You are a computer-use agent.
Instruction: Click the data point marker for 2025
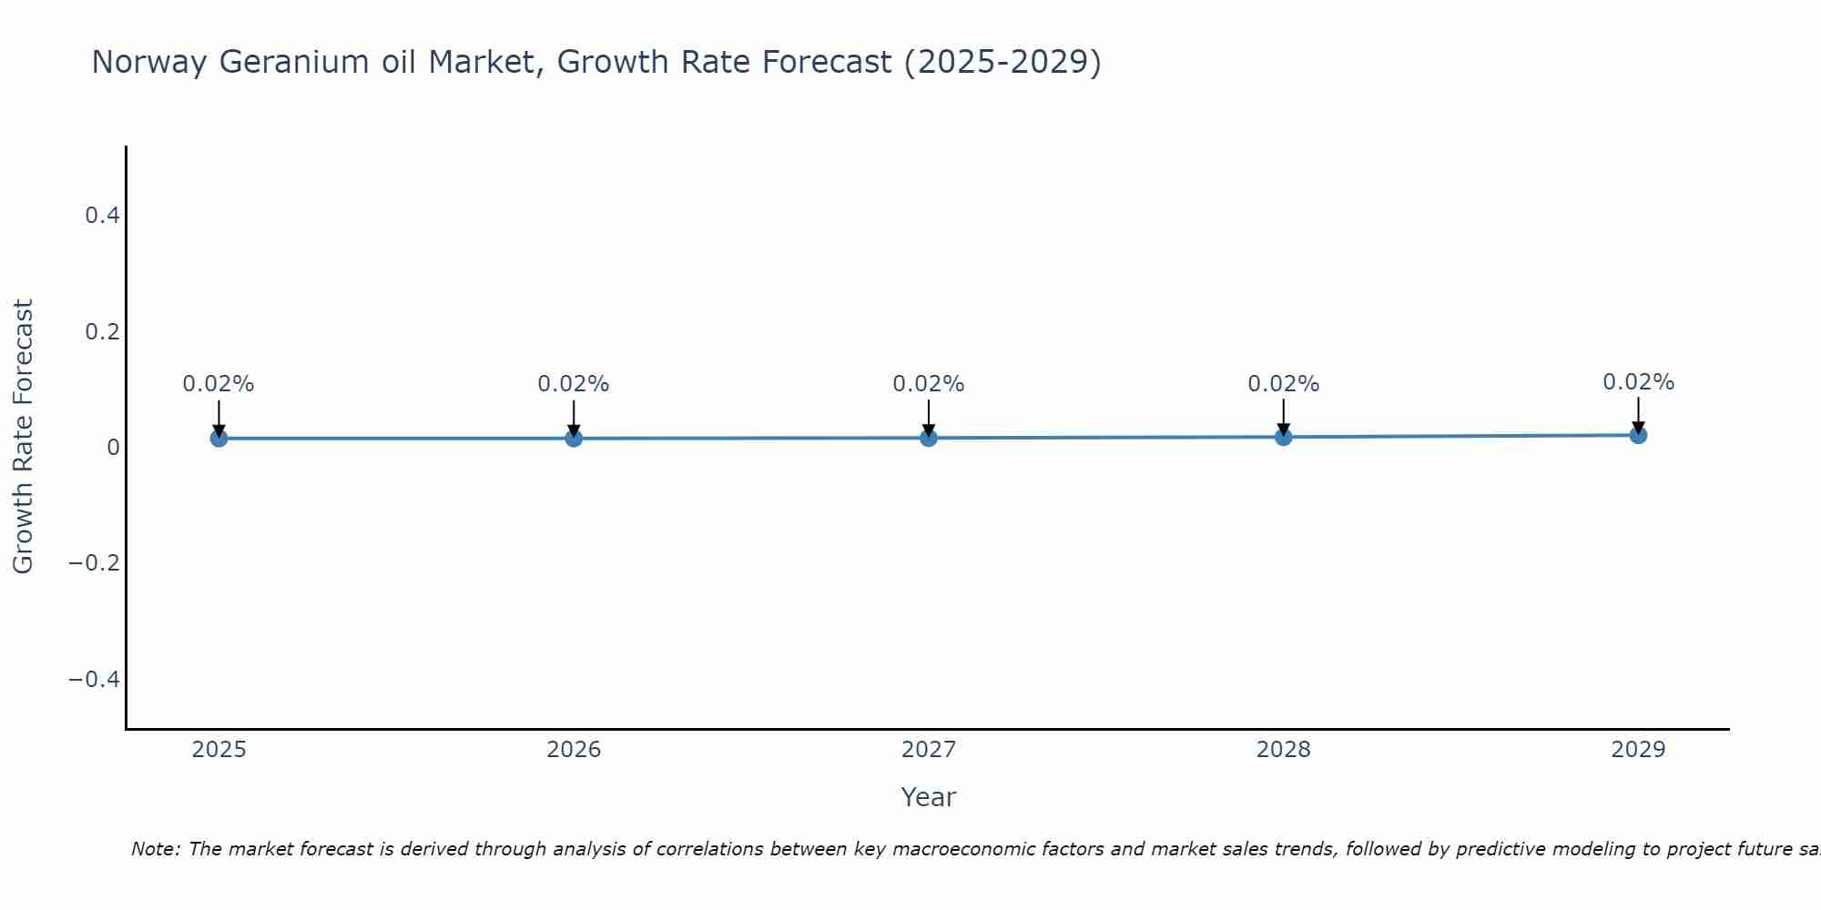pyautogui.click(x=219, y=439)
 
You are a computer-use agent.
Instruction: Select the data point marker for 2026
pyautogui.click(x=574, y=439)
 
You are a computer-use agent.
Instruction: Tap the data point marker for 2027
pyautogui.click(x=929, y=438)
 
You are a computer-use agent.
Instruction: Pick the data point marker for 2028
pyautogui.click(x=1283, y=437)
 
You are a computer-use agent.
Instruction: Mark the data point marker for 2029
pyautogui.click(x=1638, y=435)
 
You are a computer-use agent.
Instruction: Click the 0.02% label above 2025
pyautogui.click(x=219, y=384)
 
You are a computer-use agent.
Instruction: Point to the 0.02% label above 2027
pyautogui.click(x=929, y=384)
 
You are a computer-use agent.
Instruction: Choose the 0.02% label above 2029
pyautogui.click(x=1638, y=382)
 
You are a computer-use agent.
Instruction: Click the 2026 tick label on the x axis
pyautogui.click(x=574, y=750)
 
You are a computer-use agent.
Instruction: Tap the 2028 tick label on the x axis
pyautogui.click(x=1283, y=750)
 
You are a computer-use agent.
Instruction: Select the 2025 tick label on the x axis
pyautogui.click(x=219, y=750)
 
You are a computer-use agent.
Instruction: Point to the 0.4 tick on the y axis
pyautogui.click(x=102, y=216)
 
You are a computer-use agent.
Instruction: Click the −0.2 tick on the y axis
pyautogui.click(x=95, y=563)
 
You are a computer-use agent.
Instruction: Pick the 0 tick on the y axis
pyautogui.click(x=113, y=447)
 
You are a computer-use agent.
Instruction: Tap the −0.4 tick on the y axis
pyautogui.click(x=95, y=680)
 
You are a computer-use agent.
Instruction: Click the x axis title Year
pyautogui.click(x=928, y=798)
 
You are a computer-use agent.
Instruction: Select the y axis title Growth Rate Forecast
pyautogui.click(x=23, y=436)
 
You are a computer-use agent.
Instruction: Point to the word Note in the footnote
pyautogui.click(x=155, y=849)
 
